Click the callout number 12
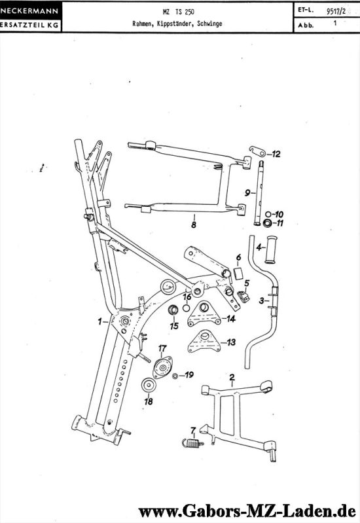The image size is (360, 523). point(276,154)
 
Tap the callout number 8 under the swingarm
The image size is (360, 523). point(193,225)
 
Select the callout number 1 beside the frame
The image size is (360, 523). point(100,321)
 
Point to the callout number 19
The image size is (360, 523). point(189,375)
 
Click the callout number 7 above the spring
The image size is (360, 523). point(193,430)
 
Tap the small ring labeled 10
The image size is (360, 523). point(267,214)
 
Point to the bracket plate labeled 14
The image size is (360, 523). point(205,319)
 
